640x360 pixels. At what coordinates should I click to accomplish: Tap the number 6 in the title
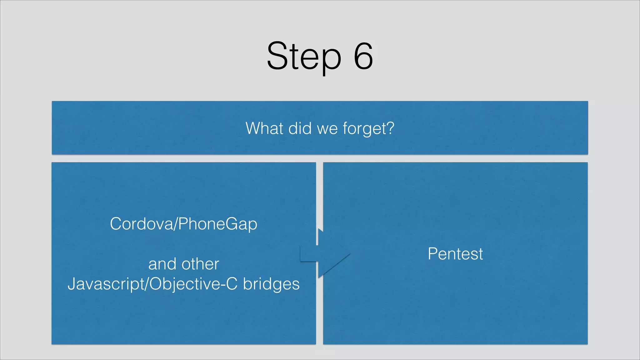click(x=363, y=56)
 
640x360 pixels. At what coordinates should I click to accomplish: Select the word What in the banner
click(x=264, y=128)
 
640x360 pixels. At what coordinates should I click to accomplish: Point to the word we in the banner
click(x=327, y=129)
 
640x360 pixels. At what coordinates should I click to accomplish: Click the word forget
click(x=364, y=129)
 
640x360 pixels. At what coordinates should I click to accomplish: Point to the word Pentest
click(x=455, y=254)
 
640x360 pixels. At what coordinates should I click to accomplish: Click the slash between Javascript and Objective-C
click(x=147, y=284)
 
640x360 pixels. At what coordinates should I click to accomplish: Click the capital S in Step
click(x=277, y=56)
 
